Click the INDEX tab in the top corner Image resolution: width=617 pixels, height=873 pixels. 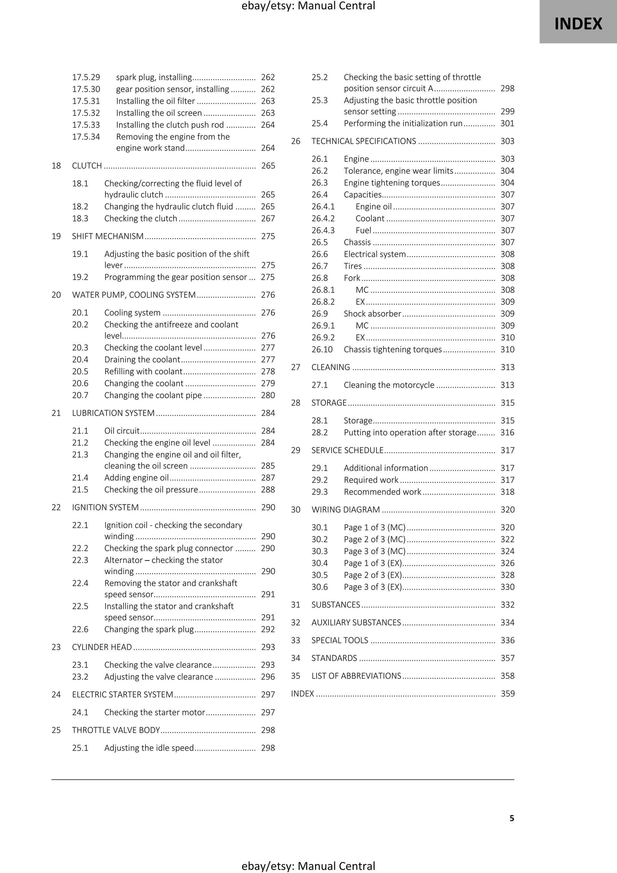click(578, 24)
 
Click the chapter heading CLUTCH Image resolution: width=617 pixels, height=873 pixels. click(87, 166)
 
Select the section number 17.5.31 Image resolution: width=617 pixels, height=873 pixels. click(86, 101)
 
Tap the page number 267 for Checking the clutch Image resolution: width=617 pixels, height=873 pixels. click(268, 219)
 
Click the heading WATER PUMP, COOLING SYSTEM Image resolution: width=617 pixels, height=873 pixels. click(134, 295)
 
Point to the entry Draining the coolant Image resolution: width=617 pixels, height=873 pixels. click(142, 359)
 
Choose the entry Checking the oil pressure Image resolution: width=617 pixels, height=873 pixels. click(151, 490)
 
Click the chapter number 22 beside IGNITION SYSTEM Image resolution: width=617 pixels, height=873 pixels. click(56, 508)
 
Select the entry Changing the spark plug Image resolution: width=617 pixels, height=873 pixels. click(149, 629)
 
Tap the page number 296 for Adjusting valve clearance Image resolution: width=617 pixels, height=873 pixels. click(268, 677)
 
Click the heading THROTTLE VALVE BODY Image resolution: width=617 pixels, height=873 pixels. click(116, 730)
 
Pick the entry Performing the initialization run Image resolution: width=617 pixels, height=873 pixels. click(403, 123)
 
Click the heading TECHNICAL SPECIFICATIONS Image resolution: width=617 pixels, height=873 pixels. click(363, 141)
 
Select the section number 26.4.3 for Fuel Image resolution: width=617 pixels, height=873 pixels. click(323, 231)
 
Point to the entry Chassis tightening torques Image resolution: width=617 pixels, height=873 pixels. click(392, 350)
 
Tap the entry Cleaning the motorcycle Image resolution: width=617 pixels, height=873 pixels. click(389, 385)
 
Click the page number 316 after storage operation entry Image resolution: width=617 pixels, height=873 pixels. click(507, 432)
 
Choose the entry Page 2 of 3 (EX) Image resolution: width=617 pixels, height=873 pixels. click(373, 575)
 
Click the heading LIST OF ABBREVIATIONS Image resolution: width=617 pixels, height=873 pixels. click(356, 676)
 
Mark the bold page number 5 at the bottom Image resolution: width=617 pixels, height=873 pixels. click(512, 818)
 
